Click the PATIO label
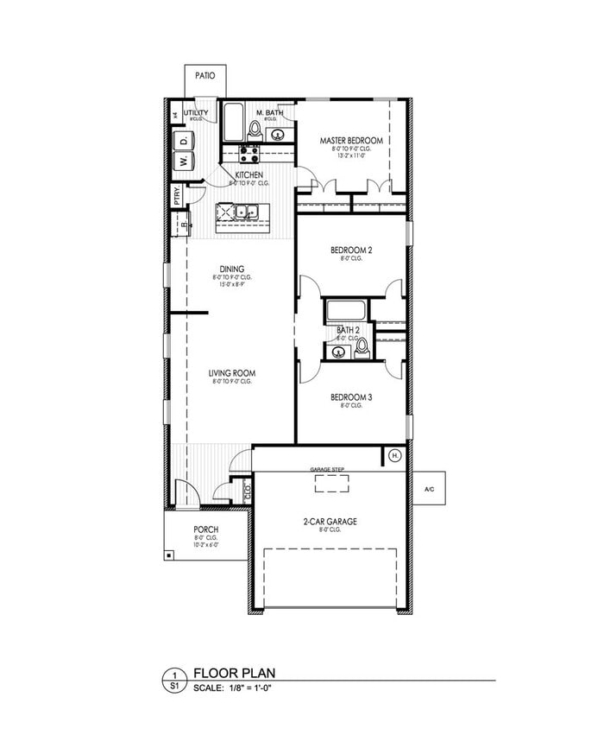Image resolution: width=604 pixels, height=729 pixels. (x=204, y=76)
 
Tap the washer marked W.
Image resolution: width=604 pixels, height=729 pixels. (x=184, y=161)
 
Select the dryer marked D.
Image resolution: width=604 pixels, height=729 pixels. (x=184, y=140)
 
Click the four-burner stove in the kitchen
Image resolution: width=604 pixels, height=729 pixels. (x=250, y=155)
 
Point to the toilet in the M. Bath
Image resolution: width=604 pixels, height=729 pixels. (x=255, y=130)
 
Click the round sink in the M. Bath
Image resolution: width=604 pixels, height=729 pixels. (x=278, y=134)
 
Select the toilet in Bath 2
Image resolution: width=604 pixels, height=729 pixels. (x=362, y=348)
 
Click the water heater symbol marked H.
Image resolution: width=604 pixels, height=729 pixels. (x=395, y=455)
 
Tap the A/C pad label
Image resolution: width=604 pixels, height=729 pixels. (x=429, y=490)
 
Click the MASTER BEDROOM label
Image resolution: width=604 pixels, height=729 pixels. (x=351, y=140)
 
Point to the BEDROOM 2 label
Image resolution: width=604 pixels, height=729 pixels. (x=351, y=250)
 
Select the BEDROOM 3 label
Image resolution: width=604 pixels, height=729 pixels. (x=351, y=397)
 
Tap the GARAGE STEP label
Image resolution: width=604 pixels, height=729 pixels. (x=327, y=469)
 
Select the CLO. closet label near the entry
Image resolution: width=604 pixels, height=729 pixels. (x=248, y=491)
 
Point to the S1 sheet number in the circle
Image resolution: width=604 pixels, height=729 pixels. (x=174, y=687)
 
